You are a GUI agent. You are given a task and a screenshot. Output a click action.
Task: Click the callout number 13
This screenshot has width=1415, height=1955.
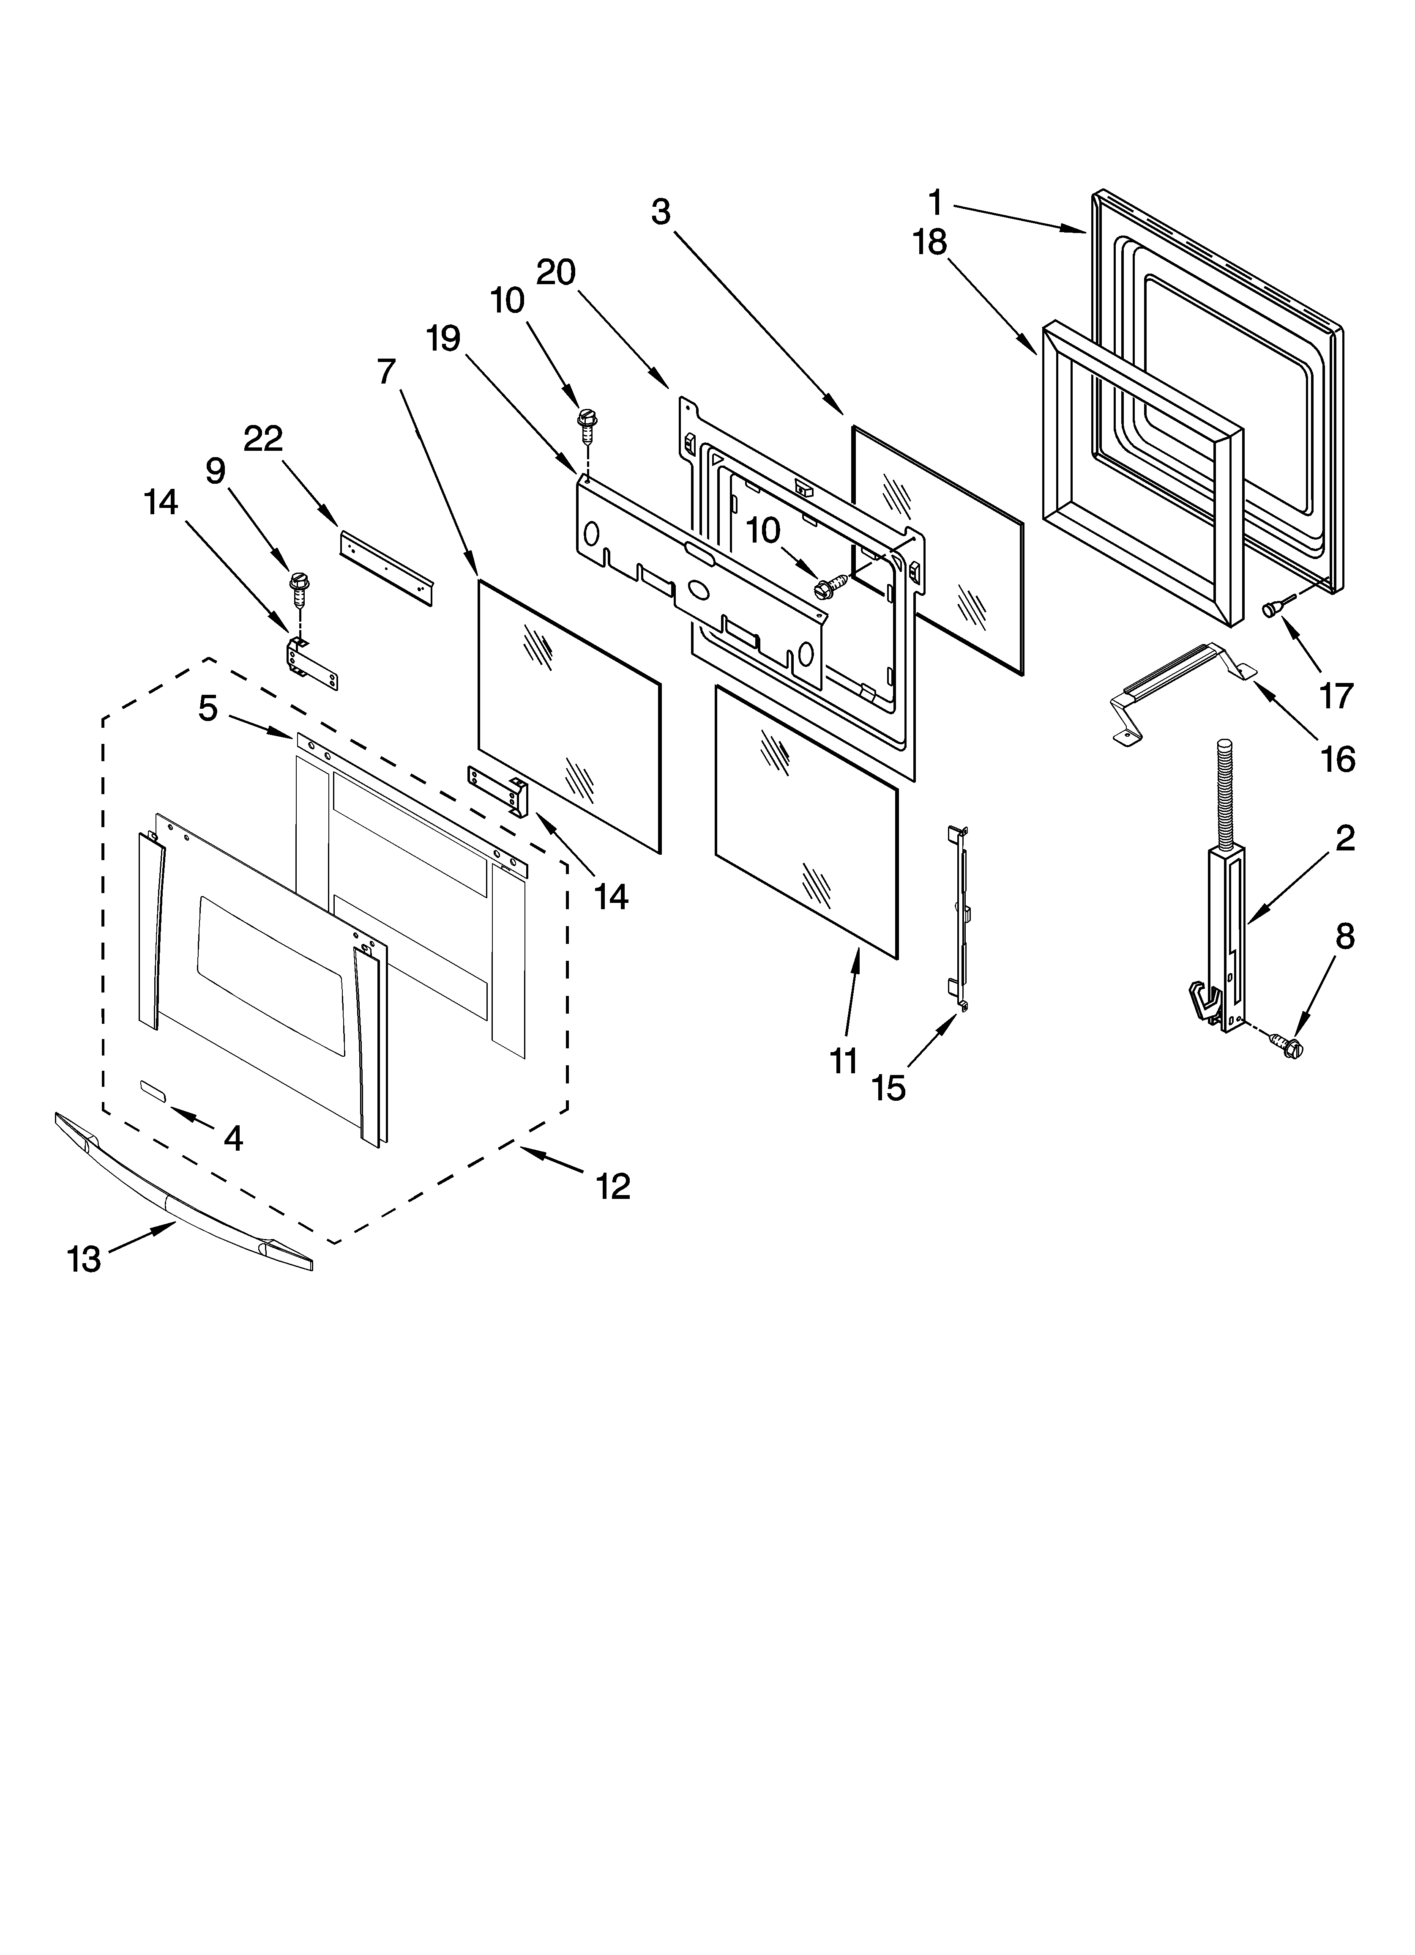(85, 1260)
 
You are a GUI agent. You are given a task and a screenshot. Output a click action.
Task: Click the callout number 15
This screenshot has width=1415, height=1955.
(888, 1088)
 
